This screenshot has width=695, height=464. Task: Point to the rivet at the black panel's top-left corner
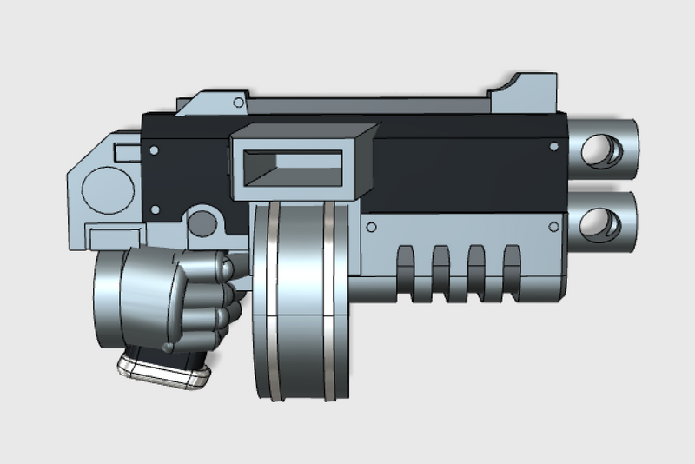pos(154,150)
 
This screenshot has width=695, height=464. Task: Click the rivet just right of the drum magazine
pos(371,228)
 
